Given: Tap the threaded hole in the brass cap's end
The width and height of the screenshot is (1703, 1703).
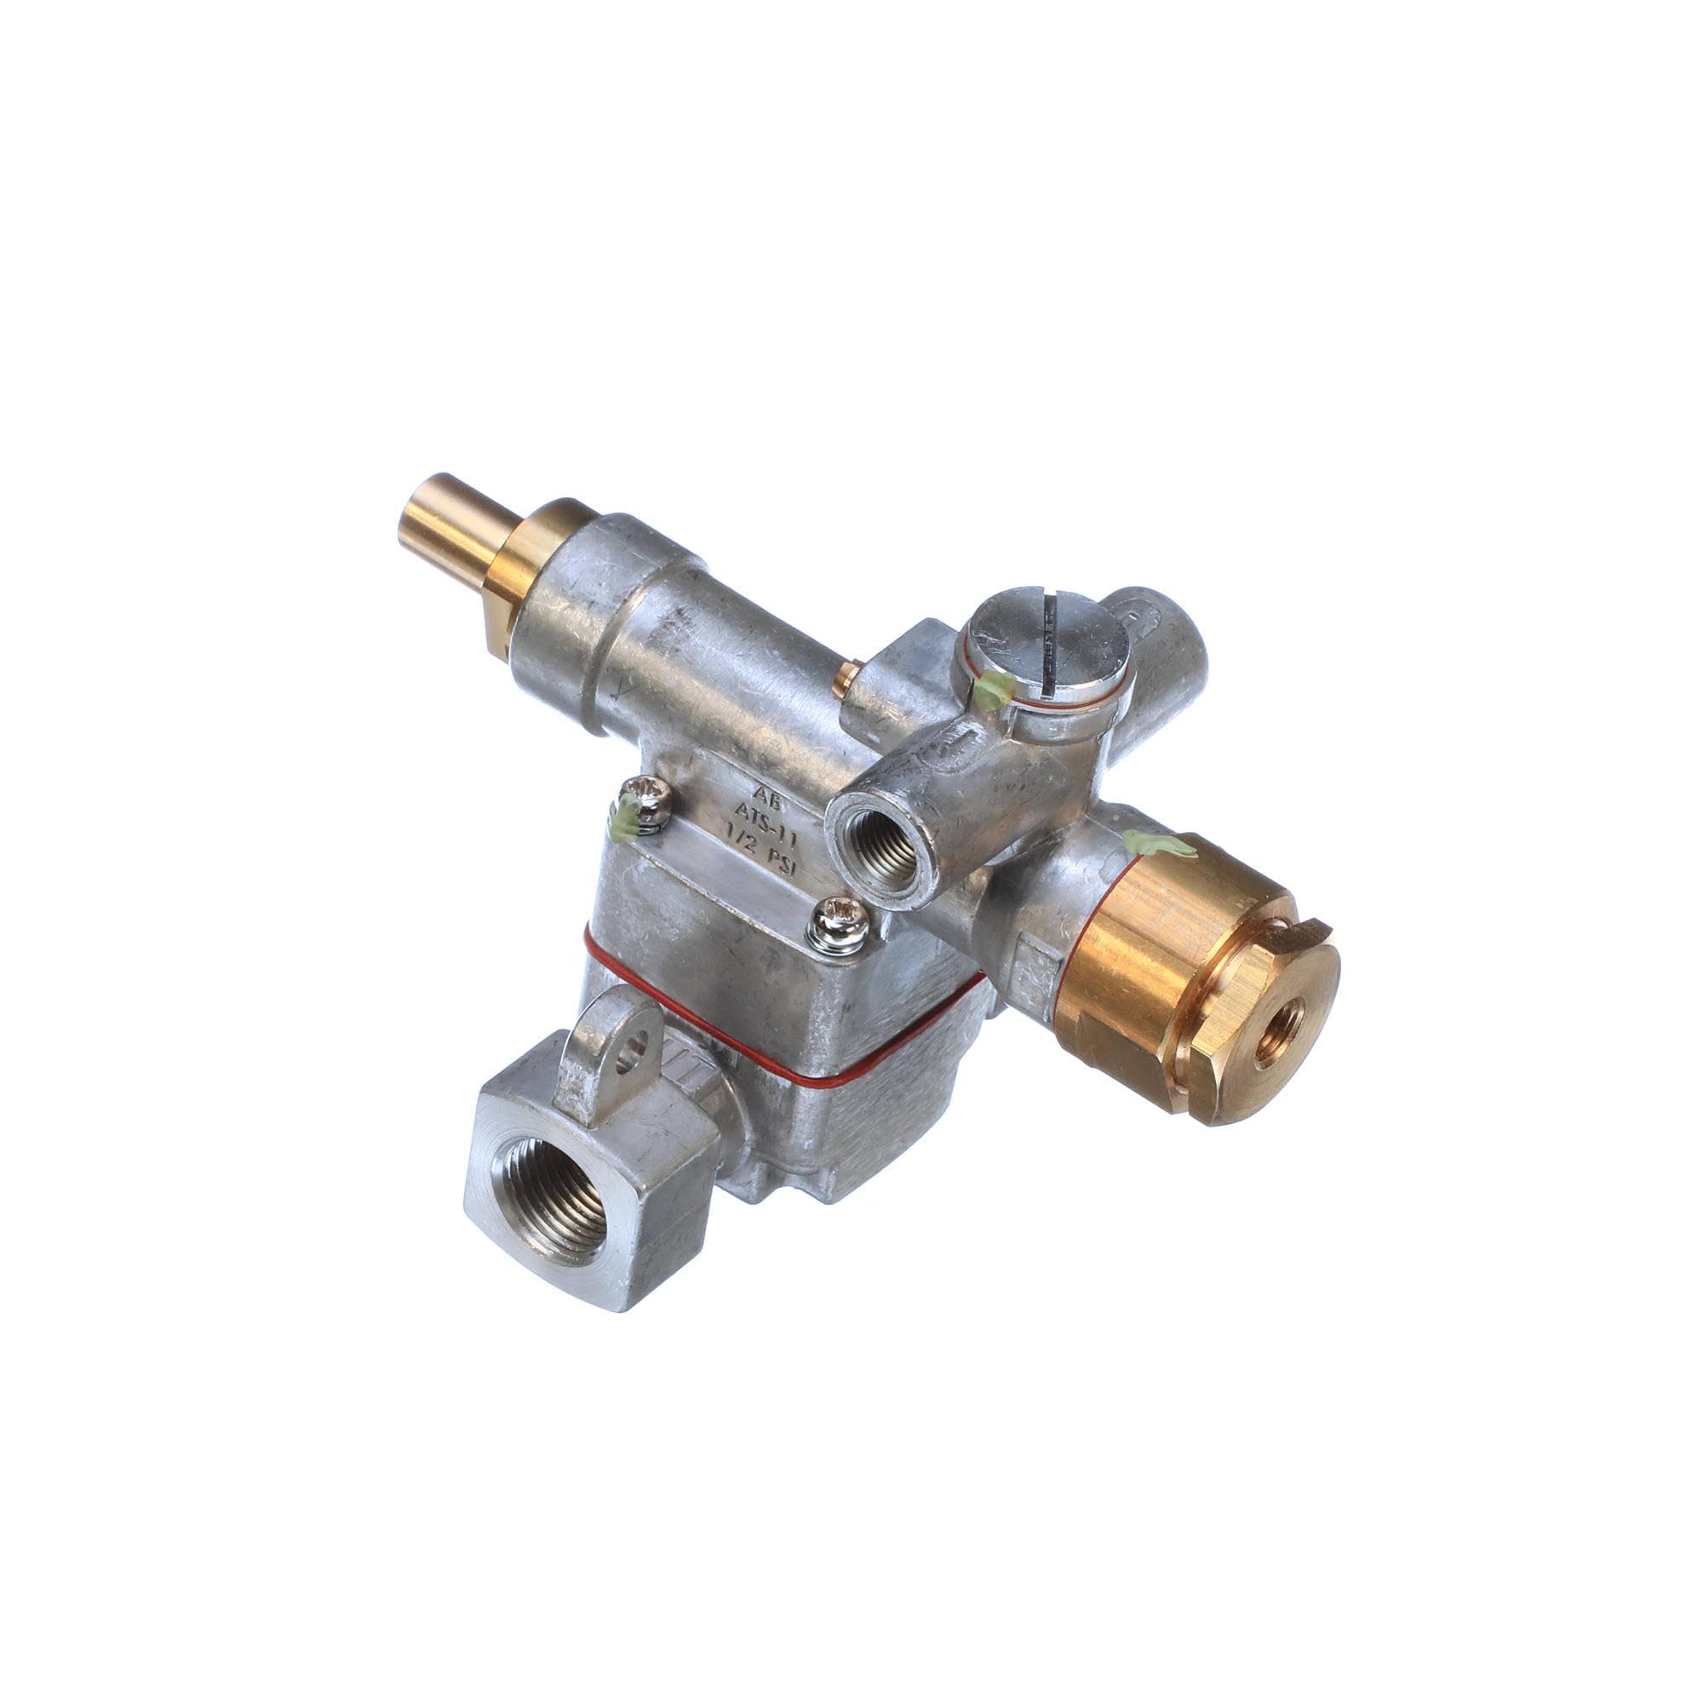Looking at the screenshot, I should pos(1273,1038).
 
